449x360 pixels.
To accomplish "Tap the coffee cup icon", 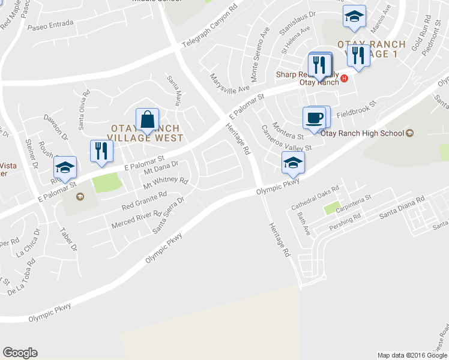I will pyautogui.click(x=313, y=117).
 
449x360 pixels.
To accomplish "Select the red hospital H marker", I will pyautogui.click(x=345, y=79).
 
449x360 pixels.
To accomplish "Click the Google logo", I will pyautogui.click(x=20, y=353).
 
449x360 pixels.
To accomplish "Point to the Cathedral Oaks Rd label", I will pyautogui.click(x=316, y=196).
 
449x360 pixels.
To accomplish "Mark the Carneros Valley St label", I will pyautogui.click(x=286, y=140).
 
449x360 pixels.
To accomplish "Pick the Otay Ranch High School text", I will pyautogui.click(x=363, y=133).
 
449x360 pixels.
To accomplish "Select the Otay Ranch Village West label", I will pyautogui.click(x=147, y=133).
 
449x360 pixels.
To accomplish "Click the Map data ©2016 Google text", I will pyautogui.click(x=412, y=355).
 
